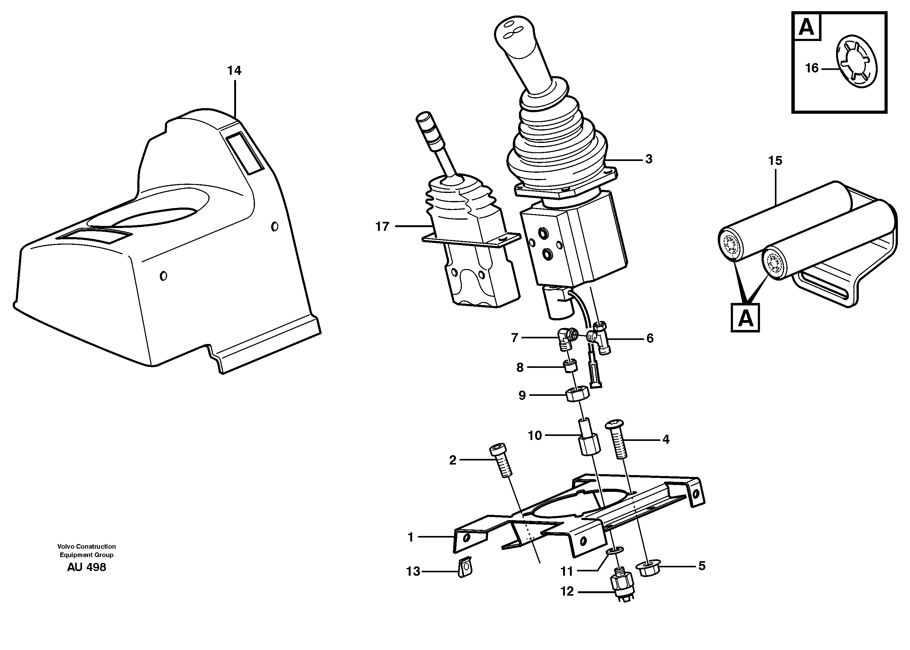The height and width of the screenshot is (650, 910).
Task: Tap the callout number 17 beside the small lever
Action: point(382,227)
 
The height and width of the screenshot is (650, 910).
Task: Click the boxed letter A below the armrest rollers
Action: point(745,318)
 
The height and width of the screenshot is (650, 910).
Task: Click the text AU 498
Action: point(86,567)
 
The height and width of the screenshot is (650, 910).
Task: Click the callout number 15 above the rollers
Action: point(775,161)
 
